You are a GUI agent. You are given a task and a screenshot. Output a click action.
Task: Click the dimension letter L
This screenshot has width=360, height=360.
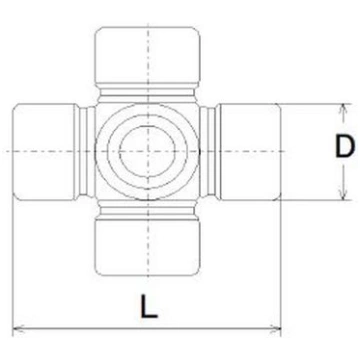point(148,306)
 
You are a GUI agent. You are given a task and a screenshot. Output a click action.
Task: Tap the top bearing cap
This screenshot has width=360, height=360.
point(148,55)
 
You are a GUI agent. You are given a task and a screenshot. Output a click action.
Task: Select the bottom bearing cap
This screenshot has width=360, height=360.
point(148,247)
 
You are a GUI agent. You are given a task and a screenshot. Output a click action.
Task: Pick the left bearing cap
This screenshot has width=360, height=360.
point(44,152)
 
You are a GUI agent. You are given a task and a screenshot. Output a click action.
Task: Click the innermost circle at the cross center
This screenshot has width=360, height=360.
point(147,152)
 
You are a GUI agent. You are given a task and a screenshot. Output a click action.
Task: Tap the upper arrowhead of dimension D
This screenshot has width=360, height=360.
point(343,111)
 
